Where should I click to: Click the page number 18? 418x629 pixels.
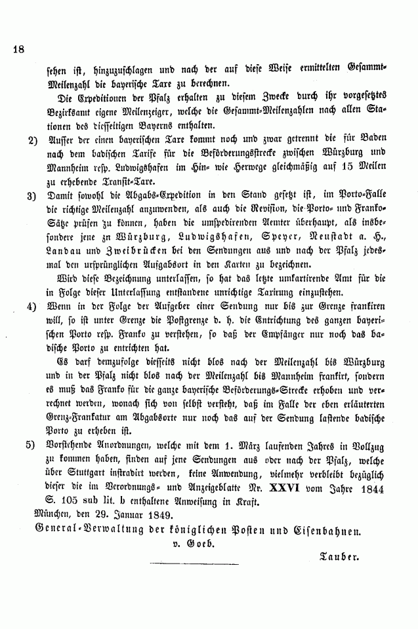[x=18, y=48]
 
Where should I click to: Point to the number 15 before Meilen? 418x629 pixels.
[x=346, y=168]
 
